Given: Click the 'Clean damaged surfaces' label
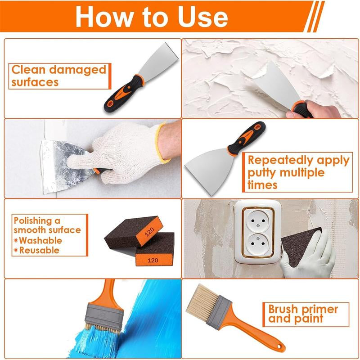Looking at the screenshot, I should (x=58, y=76).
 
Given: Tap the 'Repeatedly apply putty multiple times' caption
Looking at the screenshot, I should (x=298, y=172).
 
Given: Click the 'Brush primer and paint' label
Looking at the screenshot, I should (x=302, y=314).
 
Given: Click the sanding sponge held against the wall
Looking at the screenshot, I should (x=297, y=245).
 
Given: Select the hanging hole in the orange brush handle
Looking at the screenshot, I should (x=279, y=347).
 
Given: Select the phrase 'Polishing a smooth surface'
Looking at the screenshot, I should (x=47, y=225).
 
